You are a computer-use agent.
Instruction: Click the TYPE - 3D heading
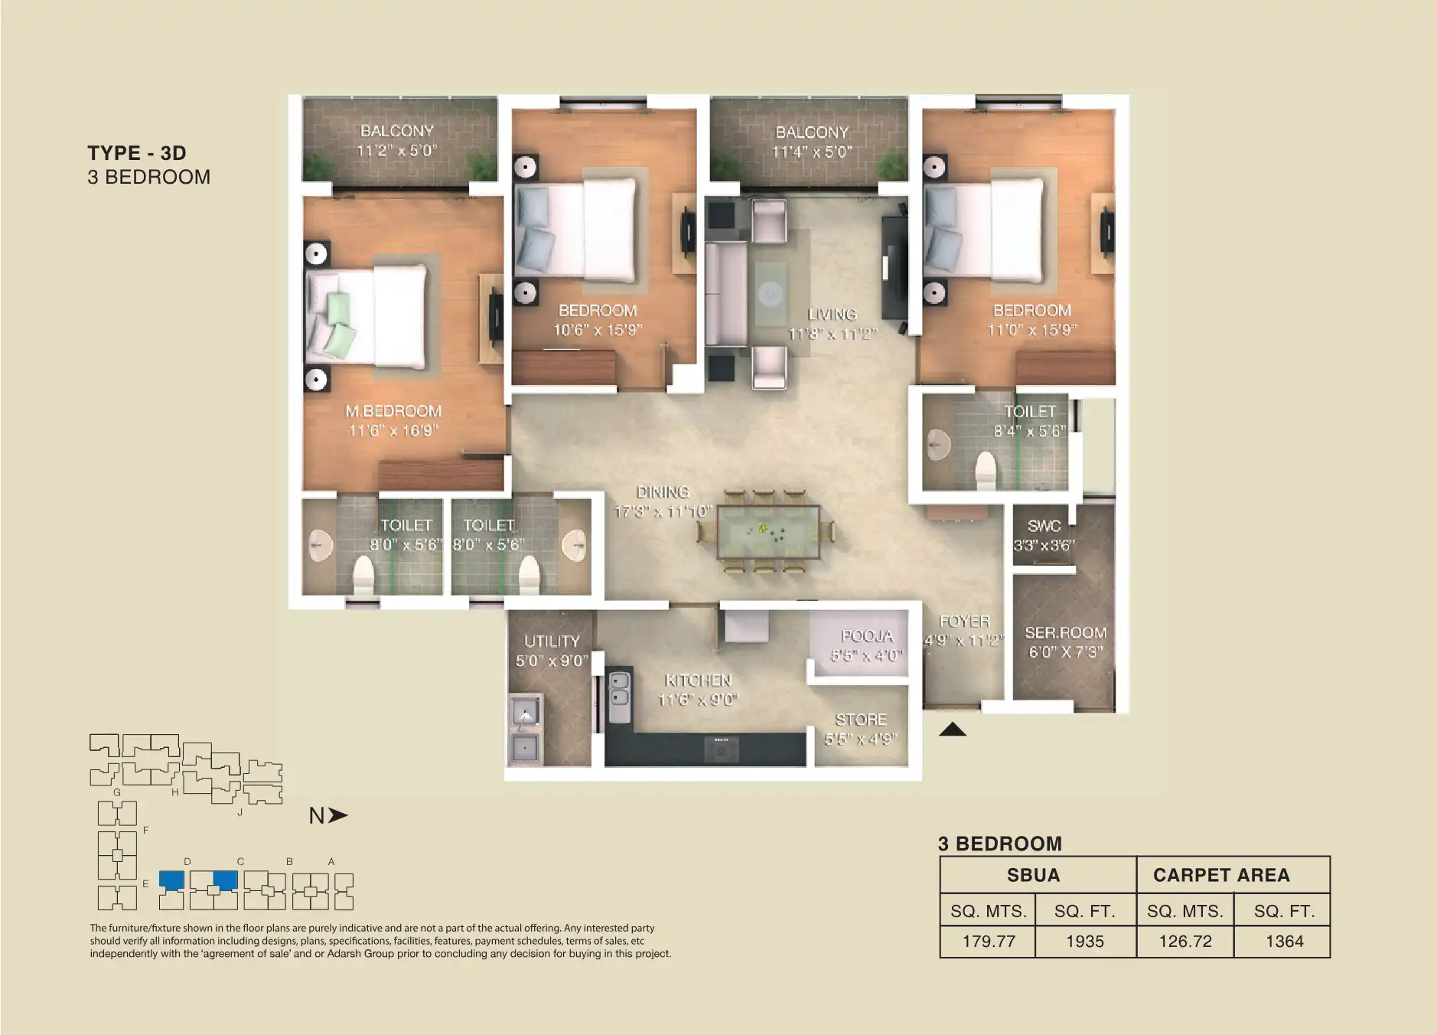point(137,153)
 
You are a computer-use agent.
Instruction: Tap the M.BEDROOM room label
point(393,412)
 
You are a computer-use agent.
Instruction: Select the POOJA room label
point(866,636)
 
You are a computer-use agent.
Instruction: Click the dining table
point(767,532)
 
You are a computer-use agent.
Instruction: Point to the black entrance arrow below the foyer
point(952,730)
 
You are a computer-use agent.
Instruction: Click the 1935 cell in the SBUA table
point(1084,942)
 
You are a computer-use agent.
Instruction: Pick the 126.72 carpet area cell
point(1184,942)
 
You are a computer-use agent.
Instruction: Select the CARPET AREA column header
point(1221,875)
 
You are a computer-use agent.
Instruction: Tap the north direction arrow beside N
point(337,816)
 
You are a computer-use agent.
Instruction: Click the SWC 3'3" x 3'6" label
point(1044,535)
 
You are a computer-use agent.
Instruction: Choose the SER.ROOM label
point(1065,633)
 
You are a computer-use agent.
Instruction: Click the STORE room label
point(861,720)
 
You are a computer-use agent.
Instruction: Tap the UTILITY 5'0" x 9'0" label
point(552,651)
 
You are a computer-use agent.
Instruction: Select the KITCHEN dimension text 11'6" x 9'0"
point(698,700)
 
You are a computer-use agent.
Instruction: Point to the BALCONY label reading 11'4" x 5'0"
point(812,142)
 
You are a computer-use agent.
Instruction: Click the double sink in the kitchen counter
point(618,689)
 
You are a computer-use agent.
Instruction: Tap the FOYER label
point(964,622)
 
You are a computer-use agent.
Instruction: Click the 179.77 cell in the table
point(988,942)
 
